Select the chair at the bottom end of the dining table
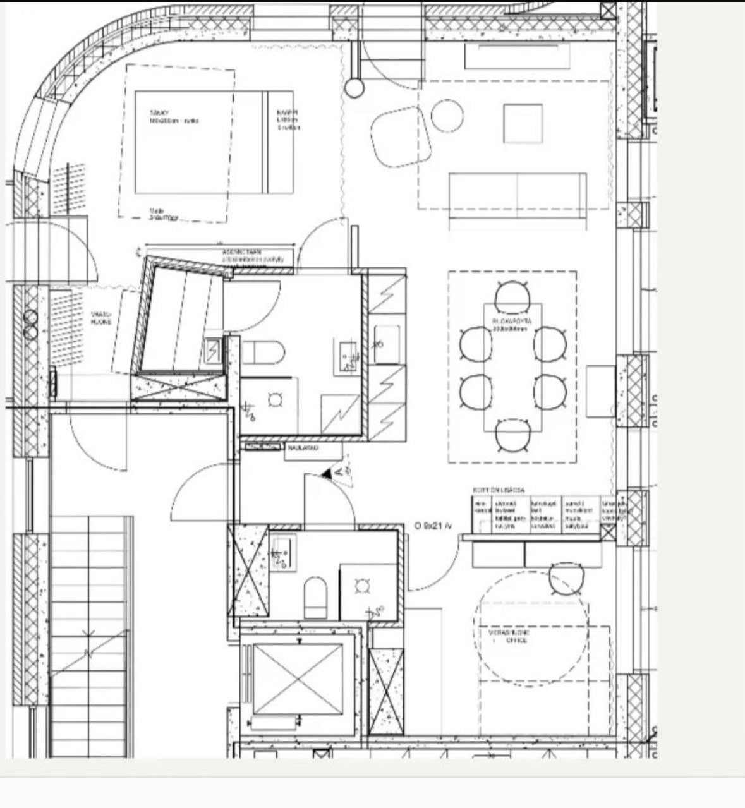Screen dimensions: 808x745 512,436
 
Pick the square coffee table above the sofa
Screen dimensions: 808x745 523,124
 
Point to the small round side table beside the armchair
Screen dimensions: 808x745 447,115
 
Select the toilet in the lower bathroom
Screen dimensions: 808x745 315,596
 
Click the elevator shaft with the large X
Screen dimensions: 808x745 297,680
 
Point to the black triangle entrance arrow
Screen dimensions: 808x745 327,473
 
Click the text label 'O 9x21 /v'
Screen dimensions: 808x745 433,526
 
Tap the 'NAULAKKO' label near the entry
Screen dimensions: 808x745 303,448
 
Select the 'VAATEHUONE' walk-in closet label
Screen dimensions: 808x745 101,318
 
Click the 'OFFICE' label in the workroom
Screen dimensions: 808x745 516,641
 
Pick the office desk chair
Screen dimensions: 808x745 566,579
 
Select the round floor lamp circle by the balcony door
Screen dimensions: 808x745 354,88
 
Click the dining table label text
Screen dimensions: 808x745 512,325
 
